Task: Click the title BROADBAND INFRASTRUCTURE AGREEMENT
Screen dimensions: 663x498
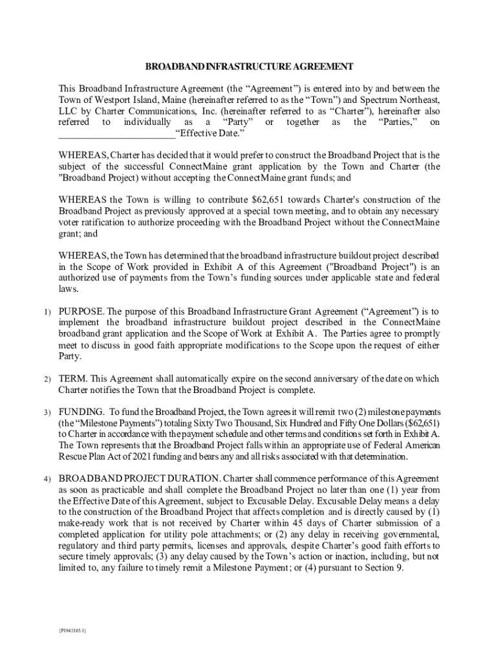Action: point(249,67)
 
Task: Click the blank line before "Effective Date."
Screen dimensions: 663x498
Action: point(117,135)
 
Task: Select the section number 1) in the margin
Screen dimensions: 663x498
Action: point(48,313)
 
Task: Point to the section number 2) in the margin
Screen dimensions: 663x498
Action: point(48,379)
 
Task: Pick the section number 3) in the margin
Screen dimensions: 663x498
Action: point(48,412)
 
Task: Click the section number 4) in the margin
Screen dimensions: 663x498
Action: point(48,479)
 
